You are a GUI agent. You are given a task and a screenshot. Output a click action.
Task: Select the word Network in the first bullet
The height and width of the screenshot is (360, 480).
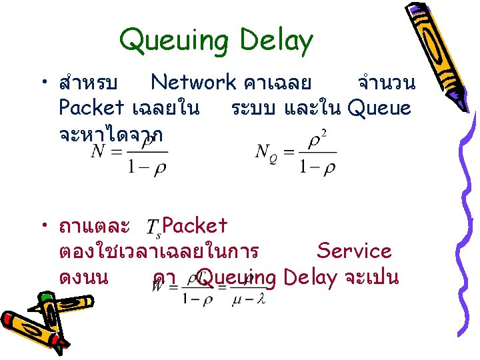click(x=193, y=83)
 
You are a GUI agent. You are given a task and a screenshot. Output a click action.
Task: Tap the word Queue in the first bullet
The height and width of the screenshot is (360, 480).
click(x=379, y=107)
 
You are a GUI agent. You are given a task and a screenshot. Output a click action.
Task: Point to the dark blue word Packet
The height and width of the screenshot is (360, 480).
click(x=91, y=107)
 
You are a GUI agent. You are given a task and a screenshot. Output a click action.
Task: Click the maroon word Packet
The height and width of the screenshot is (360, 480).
click(x=195, y=226)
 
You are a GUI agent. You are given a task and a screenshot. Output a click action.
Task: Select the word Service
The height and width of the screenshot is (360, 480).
click(x=354, y=251)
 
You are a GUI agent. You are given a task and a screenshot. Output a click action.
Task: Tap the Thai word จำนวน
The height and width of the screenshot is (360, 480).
click(x=386, y=83)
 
